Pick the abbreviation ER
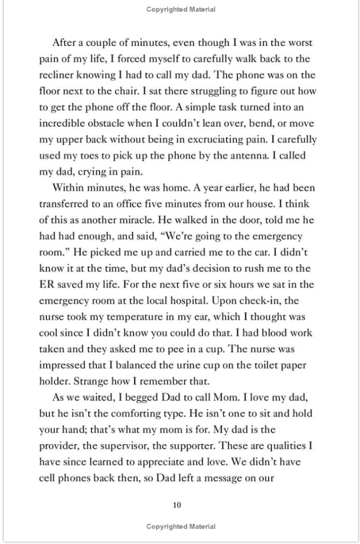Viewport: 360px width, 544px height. (46, 284)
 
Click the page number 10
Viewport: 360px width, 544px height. (178, 505)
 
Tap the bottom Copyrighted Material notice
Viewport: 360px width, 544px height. (181, 526)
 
